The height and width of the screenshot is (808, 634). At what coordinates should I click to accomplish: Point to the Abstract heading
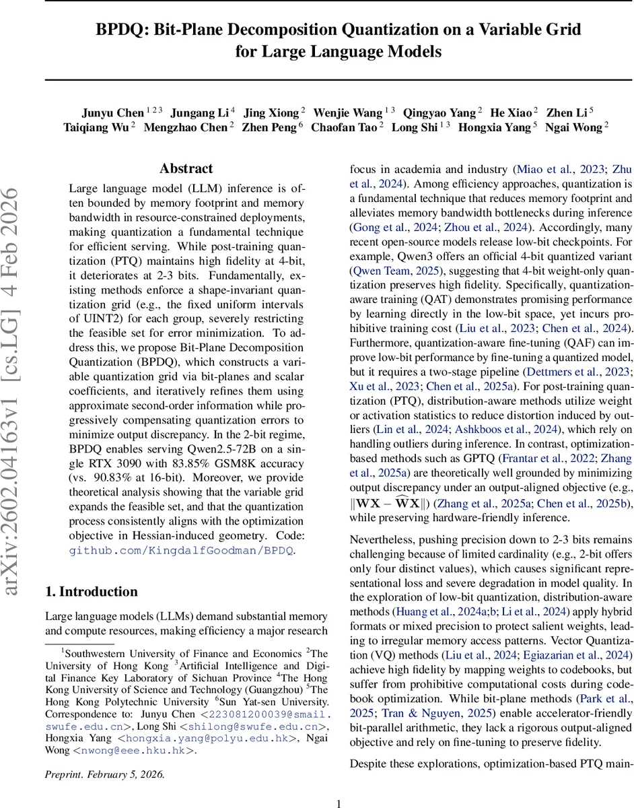point(186,168)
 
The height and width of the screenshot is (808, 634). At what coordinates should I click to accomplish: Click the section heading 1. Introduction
point(91,591)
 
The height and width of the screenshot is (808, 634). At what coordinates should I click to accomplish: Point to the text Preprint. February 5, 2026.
point(104,774)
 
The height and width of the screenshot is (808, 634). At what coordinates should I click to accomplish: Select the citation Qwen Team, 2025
point(391,271)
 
